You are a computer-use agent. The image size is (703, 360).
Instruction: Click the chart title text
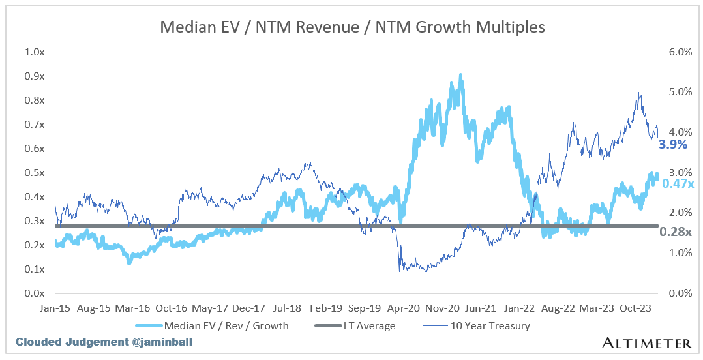click(352, 27)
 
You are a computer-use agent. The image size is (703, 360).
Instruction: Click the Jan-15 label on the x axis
click(56, 307)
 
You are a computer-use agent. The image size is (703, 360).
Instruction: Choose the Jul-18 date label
click(286, 307)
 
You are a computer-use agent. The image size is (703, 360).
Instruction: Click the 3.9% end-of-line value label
click(673, 145)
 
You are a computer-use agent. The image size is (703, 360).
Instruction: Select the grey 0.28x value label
click(675, 232)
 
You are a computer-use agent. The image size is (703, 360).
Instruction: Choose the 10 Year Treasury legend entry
click(480, 325)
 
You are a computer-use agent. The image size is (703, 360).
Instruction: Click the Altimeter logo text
click(646, 343)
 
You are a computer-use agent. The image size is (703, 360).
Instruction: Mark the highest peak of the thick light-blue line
click(460, 76)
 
